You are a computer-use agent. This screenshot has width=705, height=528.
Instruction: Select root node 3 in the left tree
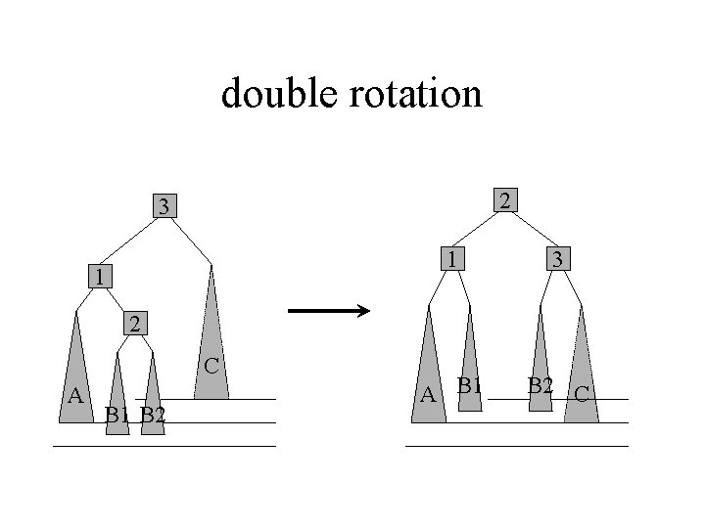point(165,206)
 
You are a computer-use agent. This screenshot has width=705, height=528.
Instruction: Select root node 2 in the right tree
point(503,200)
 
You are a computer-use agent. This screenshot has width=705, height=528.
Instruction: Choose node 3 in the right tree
point(555,259)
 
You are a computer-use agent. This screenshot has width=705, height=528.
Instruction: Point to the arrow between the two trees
point(328,312)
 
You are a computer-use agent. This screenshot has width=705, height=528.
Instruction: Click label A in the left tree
point(73,395)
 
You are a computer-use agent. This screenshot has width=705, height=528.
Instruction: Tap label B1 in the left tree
point(117,415)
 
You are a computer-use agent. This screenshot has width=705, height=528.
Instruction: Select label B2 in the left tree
point(152,415)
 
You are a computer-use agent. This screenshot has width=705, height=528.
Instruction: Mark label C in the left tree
point(211,367)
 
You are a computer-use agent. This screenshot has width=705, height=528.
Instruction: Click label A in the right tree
point(427,395)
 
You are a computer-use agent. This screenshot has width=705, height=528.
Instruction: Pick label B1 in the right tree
point(471,385)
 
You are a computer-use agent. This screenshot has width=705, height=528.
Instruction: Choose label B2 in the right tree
point(541,385)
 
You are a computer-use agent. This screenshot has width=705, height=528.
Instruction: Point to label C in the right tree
point(581,394)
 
